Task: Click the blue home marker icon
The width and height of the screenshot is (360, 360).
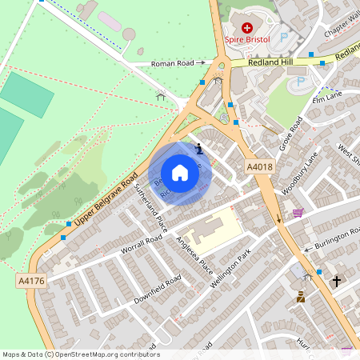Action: (x=180, y=173)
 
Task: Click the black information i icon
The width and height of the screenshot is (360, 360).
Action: (x=199, y=147)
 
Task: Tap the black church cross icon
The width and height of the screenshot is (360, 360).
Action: (x=337, y=282)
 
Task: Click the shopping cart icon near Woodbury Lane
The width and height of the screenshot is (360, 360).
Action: (x=298, y=213)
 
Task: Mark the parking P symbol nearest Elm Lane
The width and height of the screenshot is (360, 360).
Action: (x=301, y=82)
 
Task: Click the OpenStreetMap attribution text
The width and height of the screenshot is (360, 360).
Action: (x=80, y=354)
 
